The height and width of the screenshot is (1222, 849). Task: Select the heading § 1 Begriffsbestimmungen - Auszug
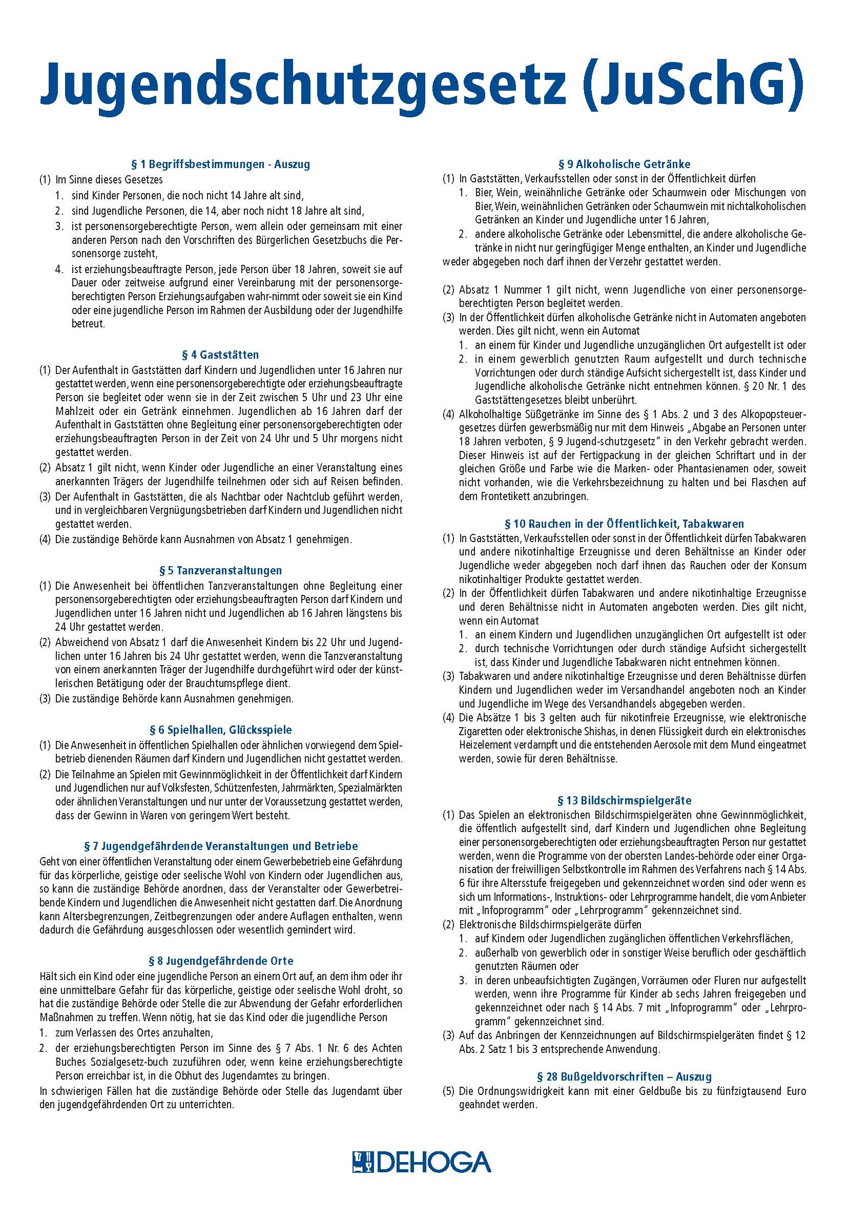pos(221,164)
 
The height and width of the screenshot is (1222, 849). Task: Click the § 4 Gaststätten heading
pos(221,355)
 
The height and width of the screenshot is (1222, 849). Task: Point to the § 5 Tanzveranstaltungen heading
pos(221,571)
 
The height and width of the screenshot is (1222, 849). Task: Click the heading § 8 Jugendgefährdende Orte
pos(221,961)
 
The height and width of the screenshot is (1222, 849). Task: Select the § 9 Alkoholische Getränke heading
pos(625,164)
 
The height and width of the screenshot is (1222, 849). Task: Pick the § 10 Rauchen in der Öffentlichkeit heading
pos(625,524)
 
